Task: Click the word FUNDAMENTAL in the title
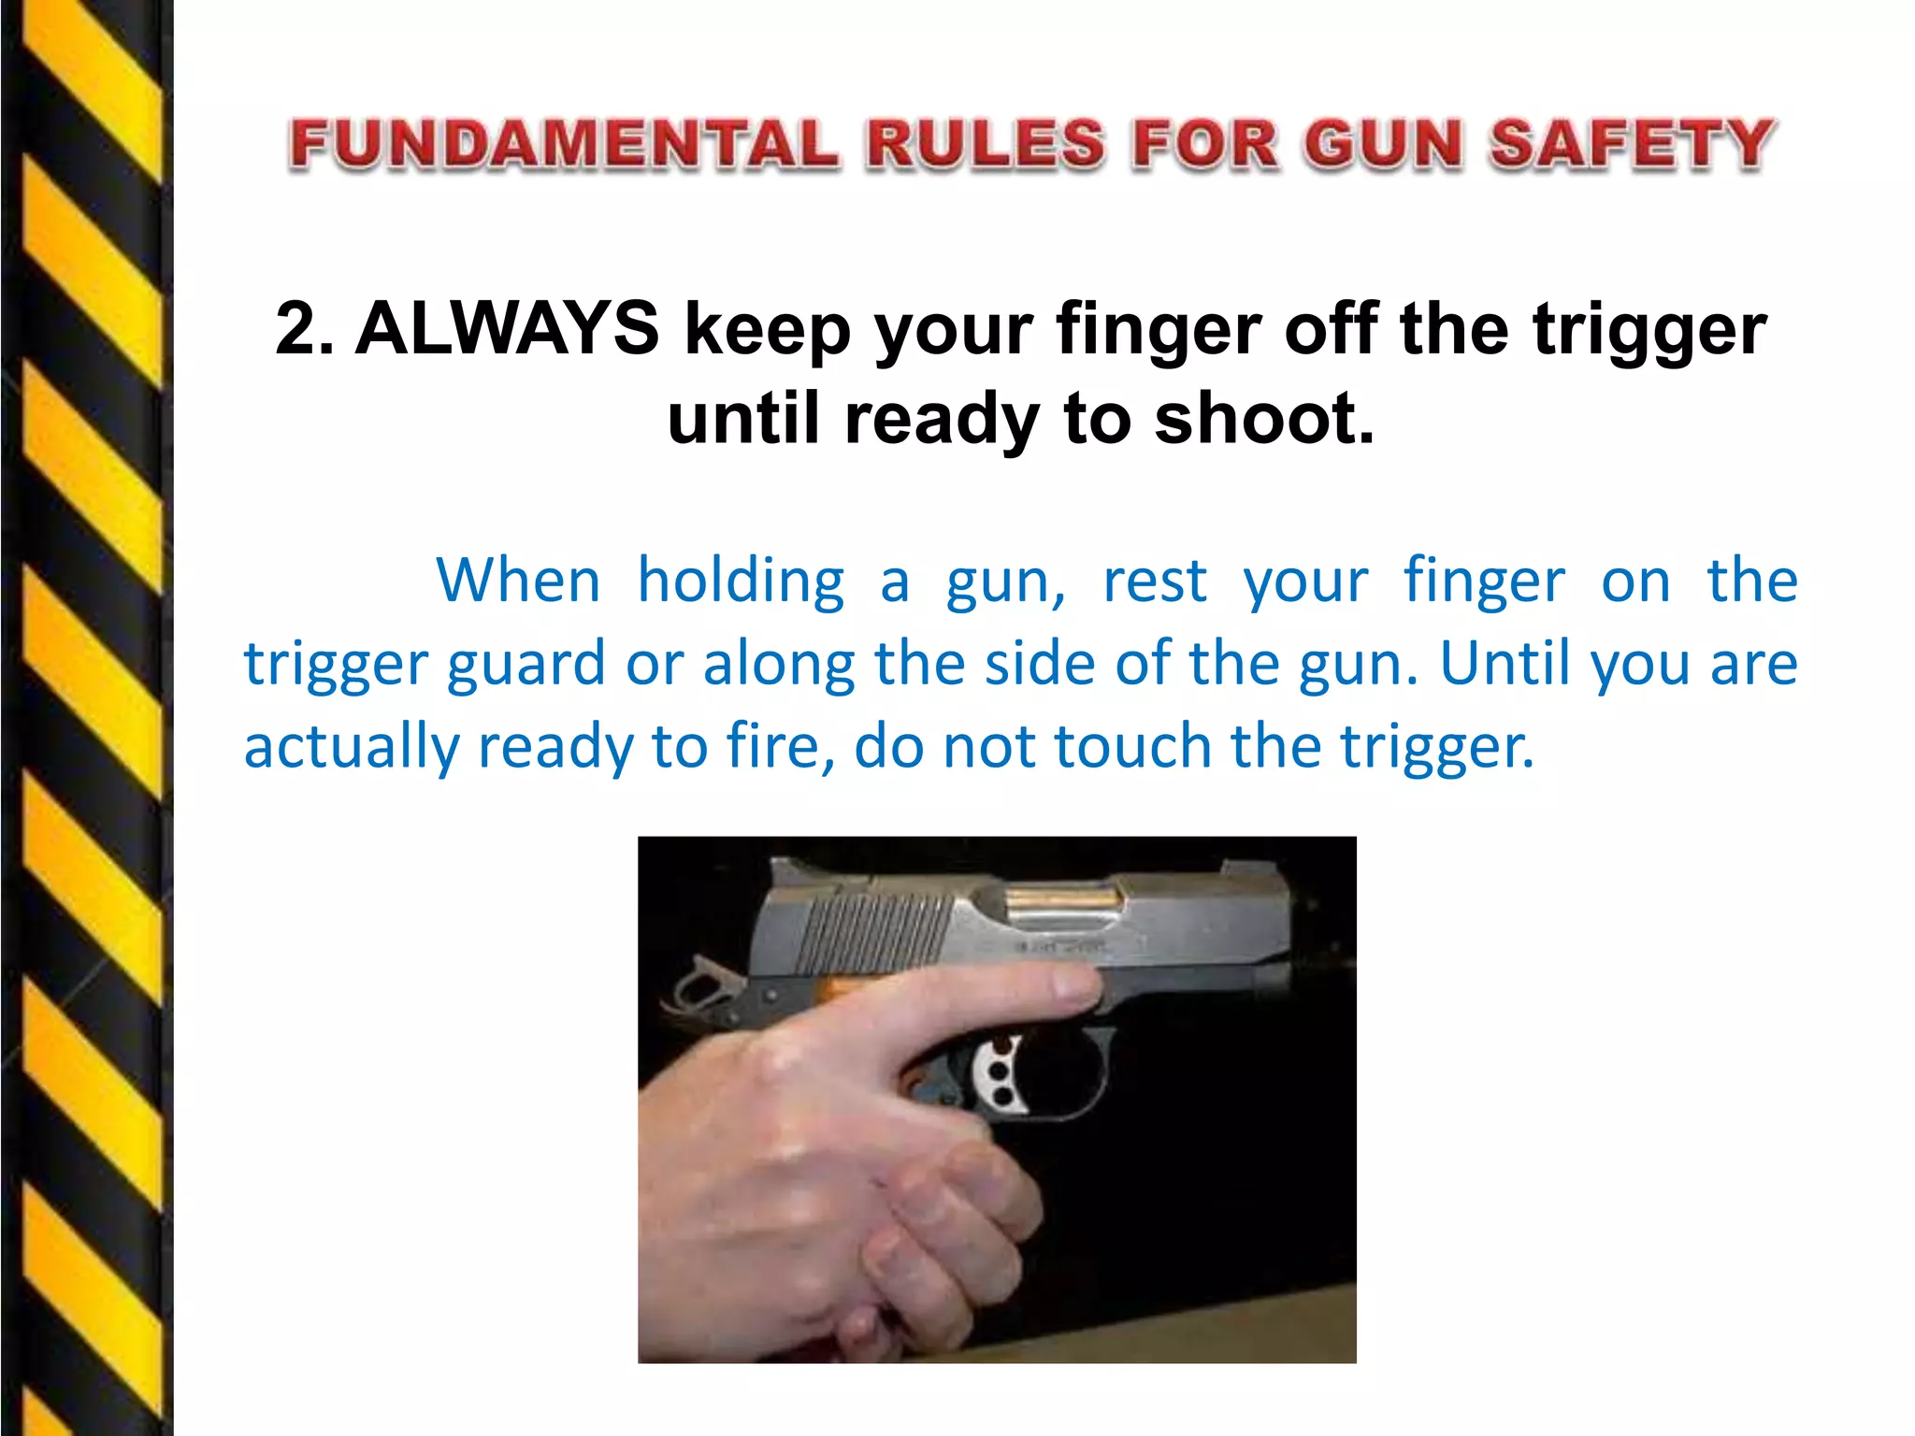click(564, 145)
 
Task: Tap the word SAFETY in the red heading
click(1632, 145)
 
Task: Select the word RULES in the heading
click(985, 145)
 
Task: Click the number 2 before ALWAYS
click(297, 329)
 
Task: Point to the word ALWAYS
click(507, 329)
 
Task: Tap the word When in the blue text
click(517, 581)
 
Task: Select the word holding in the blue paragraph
click(741, 581)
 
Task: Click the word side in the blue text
click(1040, 663)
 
